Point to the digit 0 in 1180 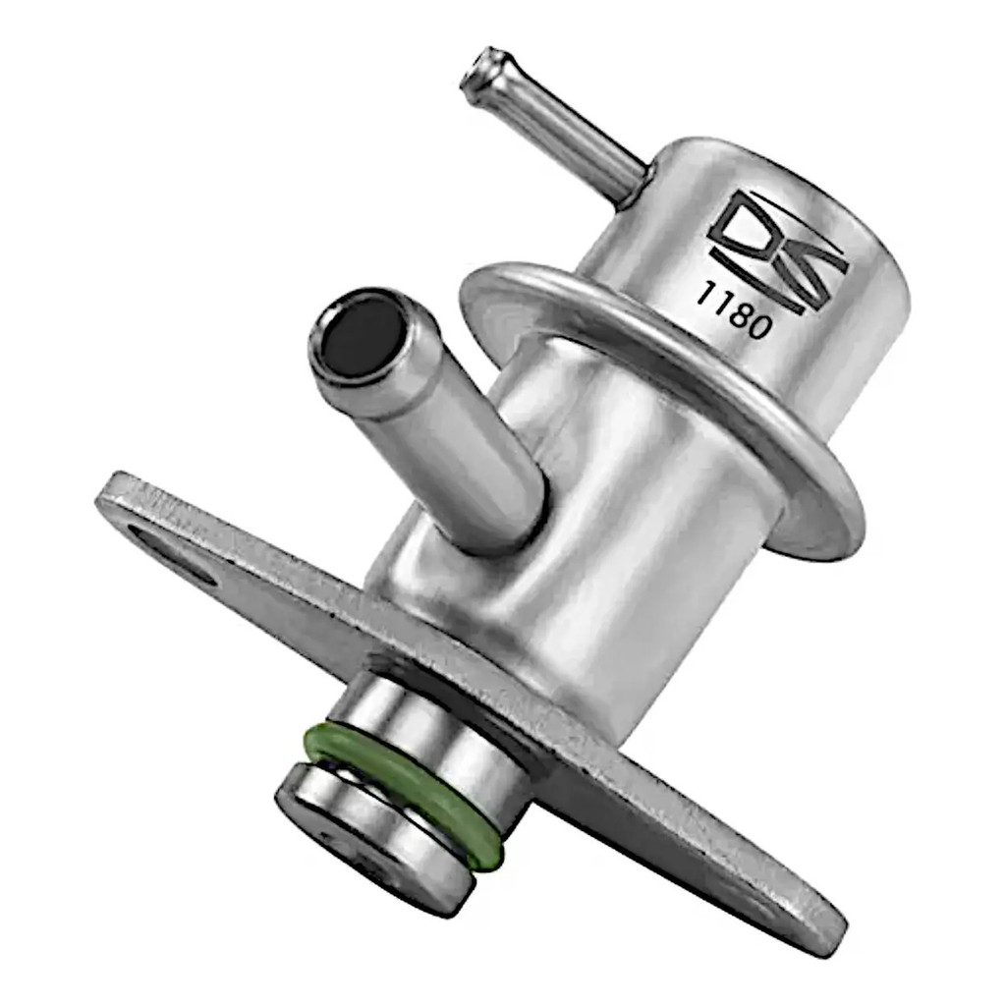click(759, 327)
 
